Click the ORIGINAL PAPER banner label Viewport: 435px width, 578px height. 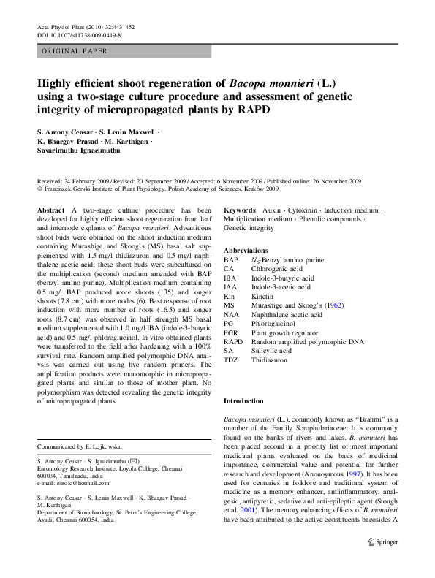[75, 51]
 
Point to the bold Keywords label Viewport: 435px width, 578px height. [240, 210]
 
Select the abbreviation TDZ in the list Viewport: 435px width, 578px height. [231, 360]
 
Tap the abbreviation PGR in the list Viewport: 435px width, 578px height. [232, 332]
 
